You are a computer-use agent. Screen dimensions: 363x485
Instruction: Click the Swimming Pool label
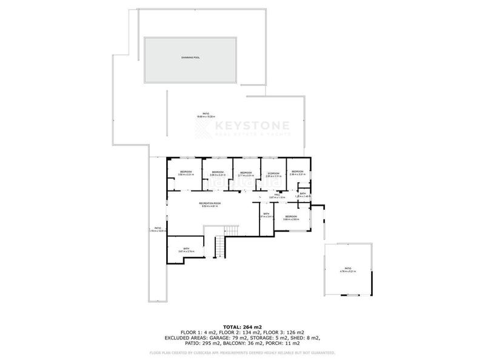[x=190, y=57]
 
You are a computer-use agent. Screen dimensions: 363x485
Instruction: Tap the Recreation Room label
[x=210, y=204]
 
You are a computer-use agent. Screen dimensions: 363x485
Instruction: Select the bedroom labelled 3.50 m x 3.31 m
[x=186, y=174]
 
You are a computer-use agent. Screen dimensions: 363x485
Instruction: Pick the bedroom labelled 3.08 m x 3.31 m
[x=218, y=174]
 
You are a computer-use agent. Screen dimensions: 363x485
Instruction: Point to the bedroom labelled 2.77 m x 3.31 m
[x=246, y=174]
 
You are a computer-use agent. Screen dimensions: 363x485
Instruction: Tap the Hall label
[x=276, y=195]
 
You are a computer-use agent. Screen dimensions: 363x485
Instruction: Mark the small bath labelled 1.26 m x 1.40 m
[x=303, y=195]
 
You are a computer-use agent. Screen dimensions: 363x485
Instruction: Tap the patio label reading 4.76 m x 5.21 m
[x=347, y=270]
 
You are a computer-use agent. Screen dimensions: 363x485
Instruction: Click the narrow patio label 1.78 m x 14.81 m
[x=158, y=229]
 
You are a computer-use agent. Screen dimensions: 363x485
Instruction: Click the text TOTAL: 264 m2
[x=242, y=327]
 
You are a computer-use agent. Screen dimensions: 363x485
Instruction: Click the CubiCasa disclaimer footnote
[x=242, y=352]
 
